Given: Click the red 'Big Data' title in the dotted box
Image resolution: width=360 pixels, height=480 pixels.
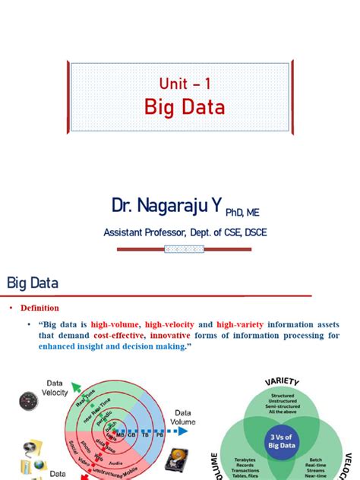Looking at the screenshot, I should point(185,108).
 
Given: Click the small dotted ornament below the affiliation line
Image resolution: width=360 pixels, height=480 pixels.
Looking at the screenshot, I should point(185,248).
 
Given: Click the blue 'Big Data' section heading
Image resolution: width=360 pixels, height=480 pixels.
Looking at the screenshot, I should point(33,283).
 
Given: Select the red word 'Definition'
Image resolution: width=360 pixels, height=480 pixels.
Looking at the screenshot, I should point(39,308).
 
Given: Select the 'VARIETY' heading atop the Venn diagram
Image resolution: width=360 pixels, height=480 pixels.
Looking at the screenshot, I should point(282,381).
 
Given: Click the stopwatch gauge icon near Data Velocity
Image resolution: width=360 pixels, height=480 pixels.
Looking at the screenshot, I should point(30,401).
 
